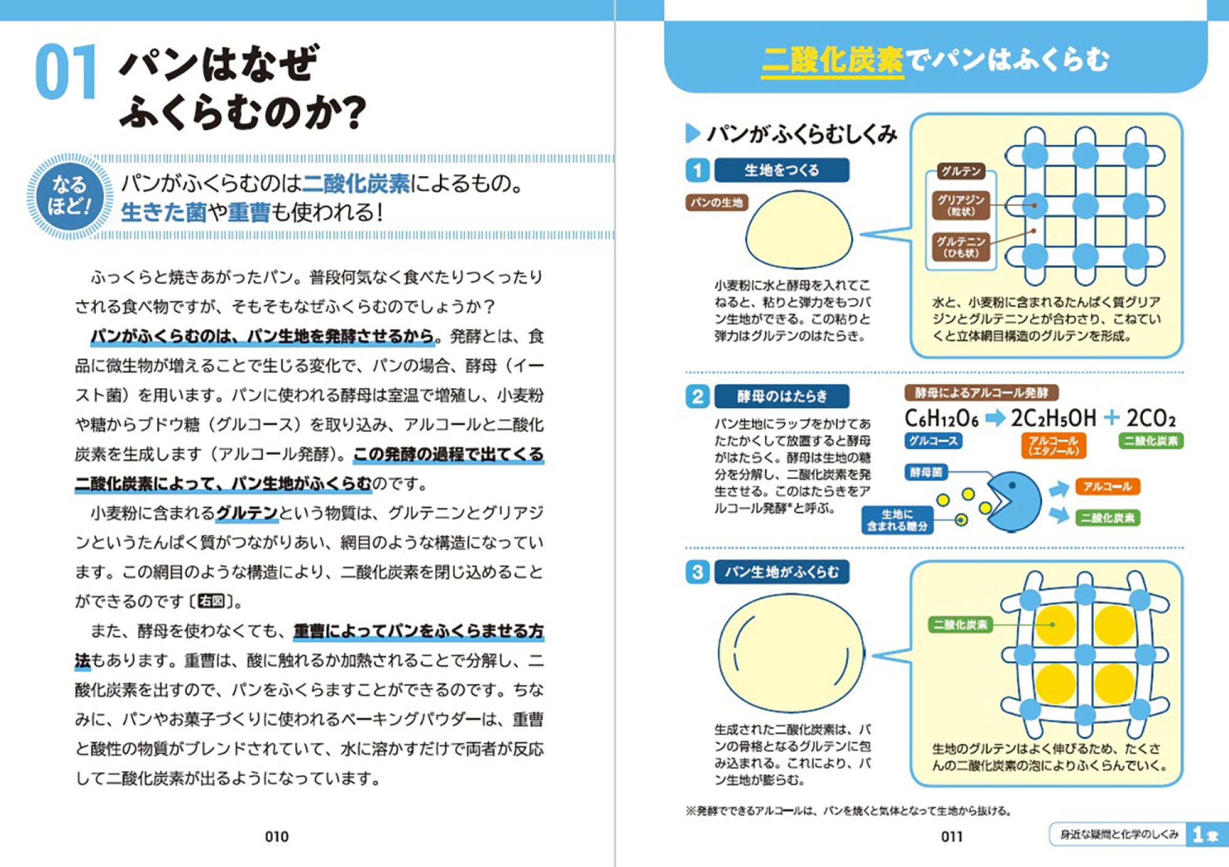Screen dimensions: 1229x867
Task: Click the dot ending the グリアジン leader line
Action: [1035, 205]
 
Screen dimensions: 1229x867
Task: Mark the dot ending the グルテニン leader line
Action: [1034, 231]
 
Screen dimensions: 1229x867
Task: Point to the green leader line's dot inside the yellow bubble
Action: [1053, 625]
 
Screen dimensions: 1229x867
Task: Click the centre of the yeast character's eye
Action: [1012, 485]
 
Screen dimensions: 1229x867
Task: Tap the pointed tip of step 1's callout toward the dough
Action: [860, 235]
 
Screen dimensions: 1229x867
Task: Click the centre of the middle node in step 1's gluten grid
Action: [1085, 205]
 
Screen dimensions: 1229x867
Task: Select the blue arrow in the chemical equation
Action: [995, 418]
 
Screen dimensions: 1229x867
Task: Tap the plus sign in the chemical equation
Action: [1111, 418]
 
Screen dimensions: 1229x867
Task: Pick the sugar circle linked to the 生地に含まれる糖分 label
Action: [962, 520]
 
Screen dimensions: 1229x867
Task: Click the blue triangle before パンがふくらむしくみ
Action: [693, 133]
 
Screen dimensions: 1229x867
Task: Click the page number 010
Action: [277, 836]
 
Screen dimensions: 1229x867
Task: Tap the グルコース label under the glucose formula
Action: [933, 441]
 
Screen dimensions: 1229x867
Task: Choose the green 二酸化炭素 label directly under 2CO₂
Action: [1151, 441]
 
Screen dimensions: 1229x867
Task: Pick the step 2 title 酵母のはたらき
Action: [782, 396]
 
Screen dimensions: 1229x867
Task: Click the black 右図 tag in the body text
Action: [211, 601]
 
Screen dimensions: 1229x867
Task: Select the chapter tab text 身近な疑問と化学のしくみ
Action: [1119, 834]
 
